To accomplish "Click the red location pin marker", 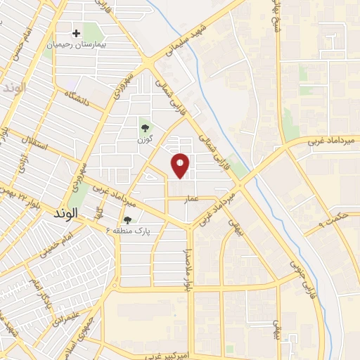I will coord(181,165).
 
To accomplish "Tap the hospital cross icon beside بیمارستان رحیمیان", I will coord(77,32).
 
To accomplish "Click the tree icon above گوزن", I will coord(146,128).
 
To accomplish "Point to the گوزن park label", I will coord(146,139).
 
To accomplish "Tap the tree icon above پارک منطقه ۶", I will coord(127,220).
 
